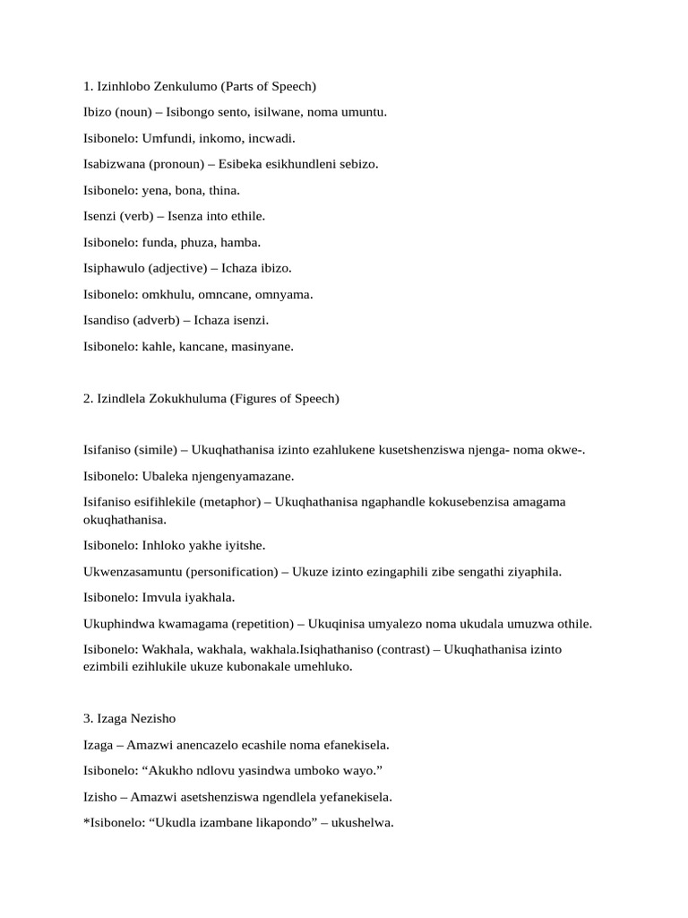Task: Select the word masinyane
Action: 262,346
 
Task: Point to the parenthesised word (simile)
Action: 155,449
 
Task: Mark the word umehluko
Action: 324,667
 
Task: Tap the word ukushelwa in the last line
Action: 365,822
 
